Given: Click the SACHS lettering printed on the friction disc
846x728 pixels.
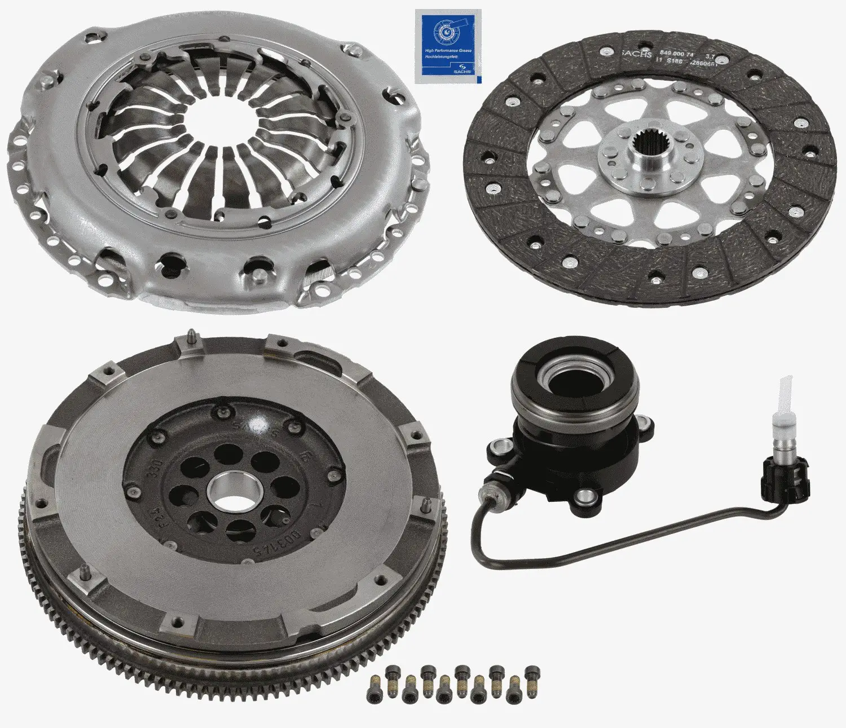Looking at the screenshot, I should click(x=637, y=54).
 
